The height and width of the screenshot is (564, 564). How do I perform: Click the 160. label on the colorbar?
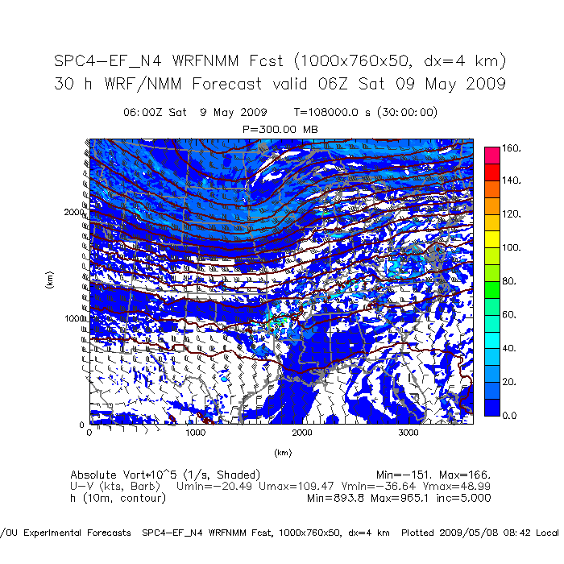click(512, 149)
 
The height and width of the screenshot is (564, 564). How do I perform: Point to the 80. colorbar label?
click(510, 281)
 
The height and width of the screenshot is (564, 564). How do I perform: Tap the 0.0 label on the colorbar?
click(510, 416)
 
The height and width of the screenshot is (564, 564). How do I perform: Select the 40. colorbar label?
click(510, 348)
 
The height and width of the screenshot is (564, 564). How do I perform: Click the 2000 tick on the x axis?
click(302, 433)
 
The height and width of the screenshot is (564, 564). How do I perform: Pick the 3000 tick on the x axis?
click(408, 433)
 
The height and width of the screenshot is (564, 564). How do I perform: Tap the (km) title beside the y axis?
click(49, 281)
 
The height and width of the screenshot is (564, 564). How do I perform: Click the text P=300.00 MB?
click(280, 128)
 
